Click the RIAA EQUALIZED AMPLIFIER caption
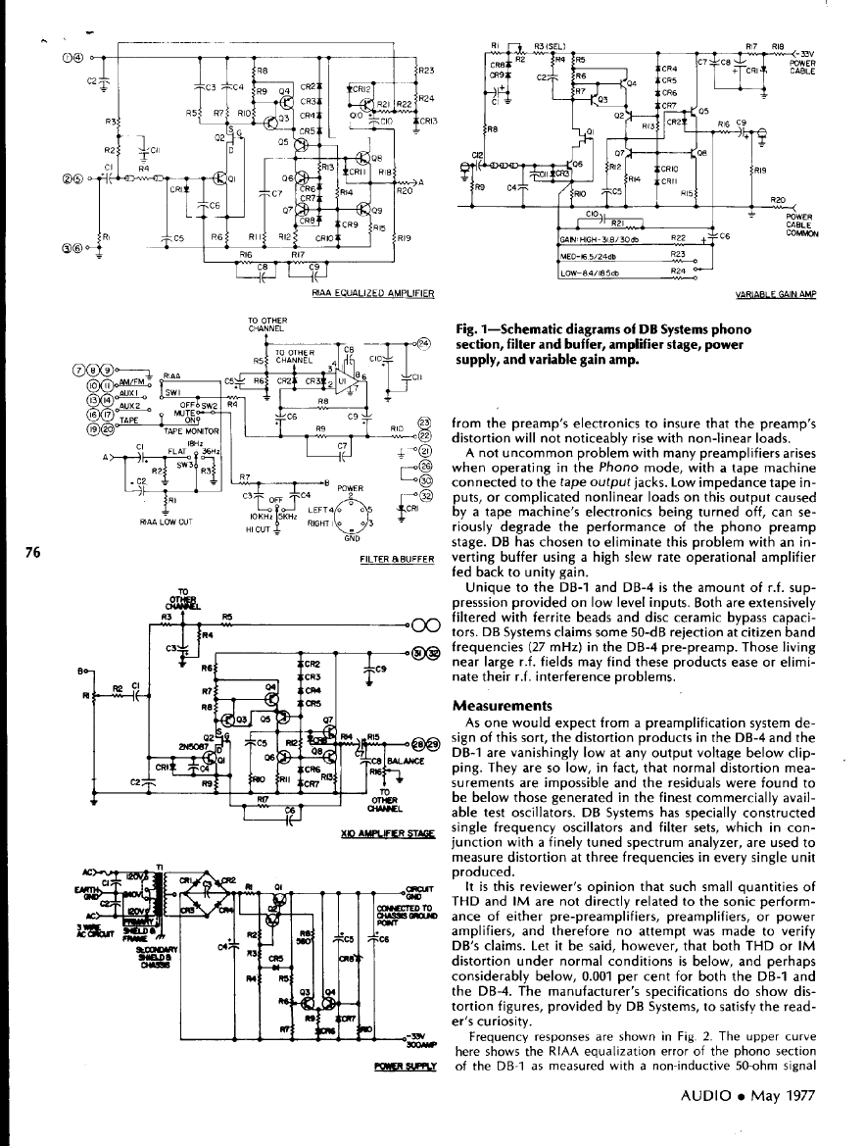coord(372,292)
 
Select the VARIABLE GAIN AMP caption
coord(780,293)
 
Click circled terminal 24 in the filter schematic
coord(423,344)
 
